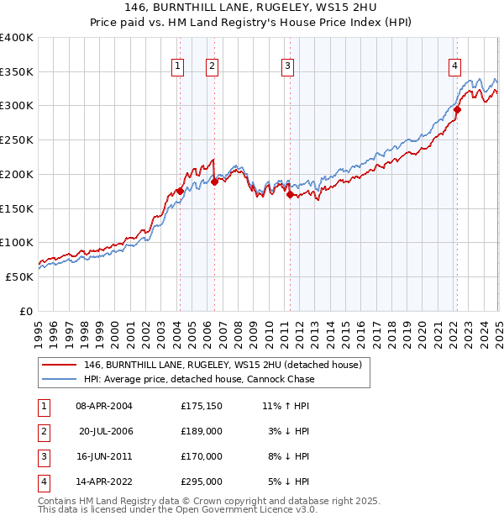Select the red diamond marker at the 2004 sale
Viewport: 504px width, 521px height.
coord(180,191)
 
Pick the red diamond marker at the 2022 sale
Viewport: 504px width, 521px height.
coord(458,108)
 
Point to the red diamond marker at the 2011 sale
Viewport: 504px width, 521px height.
coord(291,194)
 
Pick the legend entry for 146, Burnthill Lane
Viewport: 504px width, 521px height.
coord(222,365)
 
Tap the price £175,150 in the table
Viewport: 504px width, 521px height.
coord(202,406)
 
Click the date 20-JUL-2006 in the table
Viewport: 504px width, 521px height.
coord(106,431)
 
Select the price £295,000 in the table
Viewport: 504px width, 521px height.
coord(202,482)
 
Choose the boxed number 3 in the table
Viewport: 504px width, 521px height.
coord(43,456)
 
